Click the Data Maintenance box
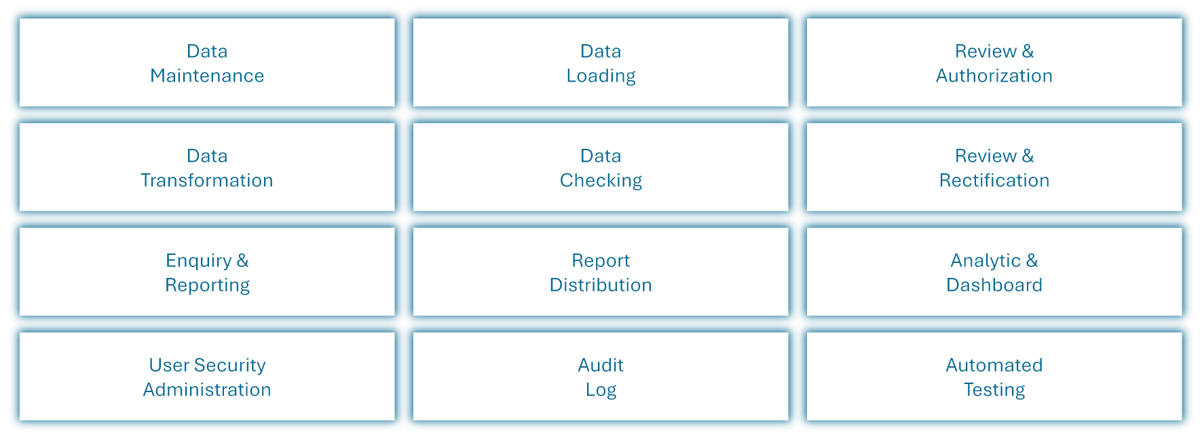tap(207, 63)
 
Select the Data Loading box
tap(601, 63)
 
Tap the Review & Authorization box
tap(994, 63)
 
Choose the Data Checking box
tap(601, 167)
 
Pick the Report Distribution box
tap(601, 272)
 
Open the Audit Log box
tap(601, 376)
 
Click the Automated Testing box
tap(994, 376)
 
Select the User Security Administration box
tap(207, 376)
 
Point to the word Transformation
tap(207, 180)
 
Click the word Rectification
tap(994, 180)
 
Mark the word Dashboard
tap(994, 285)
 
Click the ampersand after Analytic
tap(1032, 260)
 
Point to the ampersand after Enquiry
tap(242, 260)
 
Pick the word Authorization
tap(994, 75)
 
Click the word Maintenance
tap(207, 75)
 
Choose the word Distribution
tap(601, 285)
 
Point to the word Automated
tap(994, 365)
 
